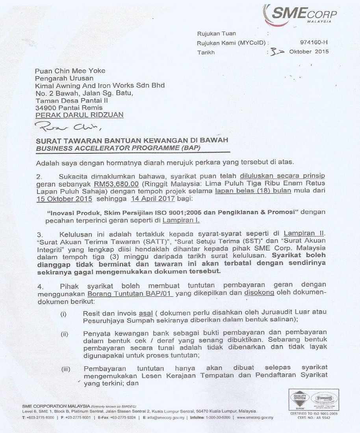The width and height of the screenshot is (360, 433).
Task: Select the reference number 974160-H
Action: (x=314, y=43)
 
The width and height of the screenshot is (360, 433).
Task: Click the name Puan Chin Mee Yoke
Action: (x=70, y=71)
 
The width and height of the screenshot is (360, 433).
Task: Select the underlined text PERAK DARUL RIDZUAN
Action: (x=79, y=115)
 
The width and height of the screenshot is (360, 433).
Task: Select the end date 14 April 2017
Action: (x=152, y=199)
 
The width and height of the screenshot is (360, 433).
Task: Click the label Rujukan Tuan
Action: (x=216, y=34)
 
